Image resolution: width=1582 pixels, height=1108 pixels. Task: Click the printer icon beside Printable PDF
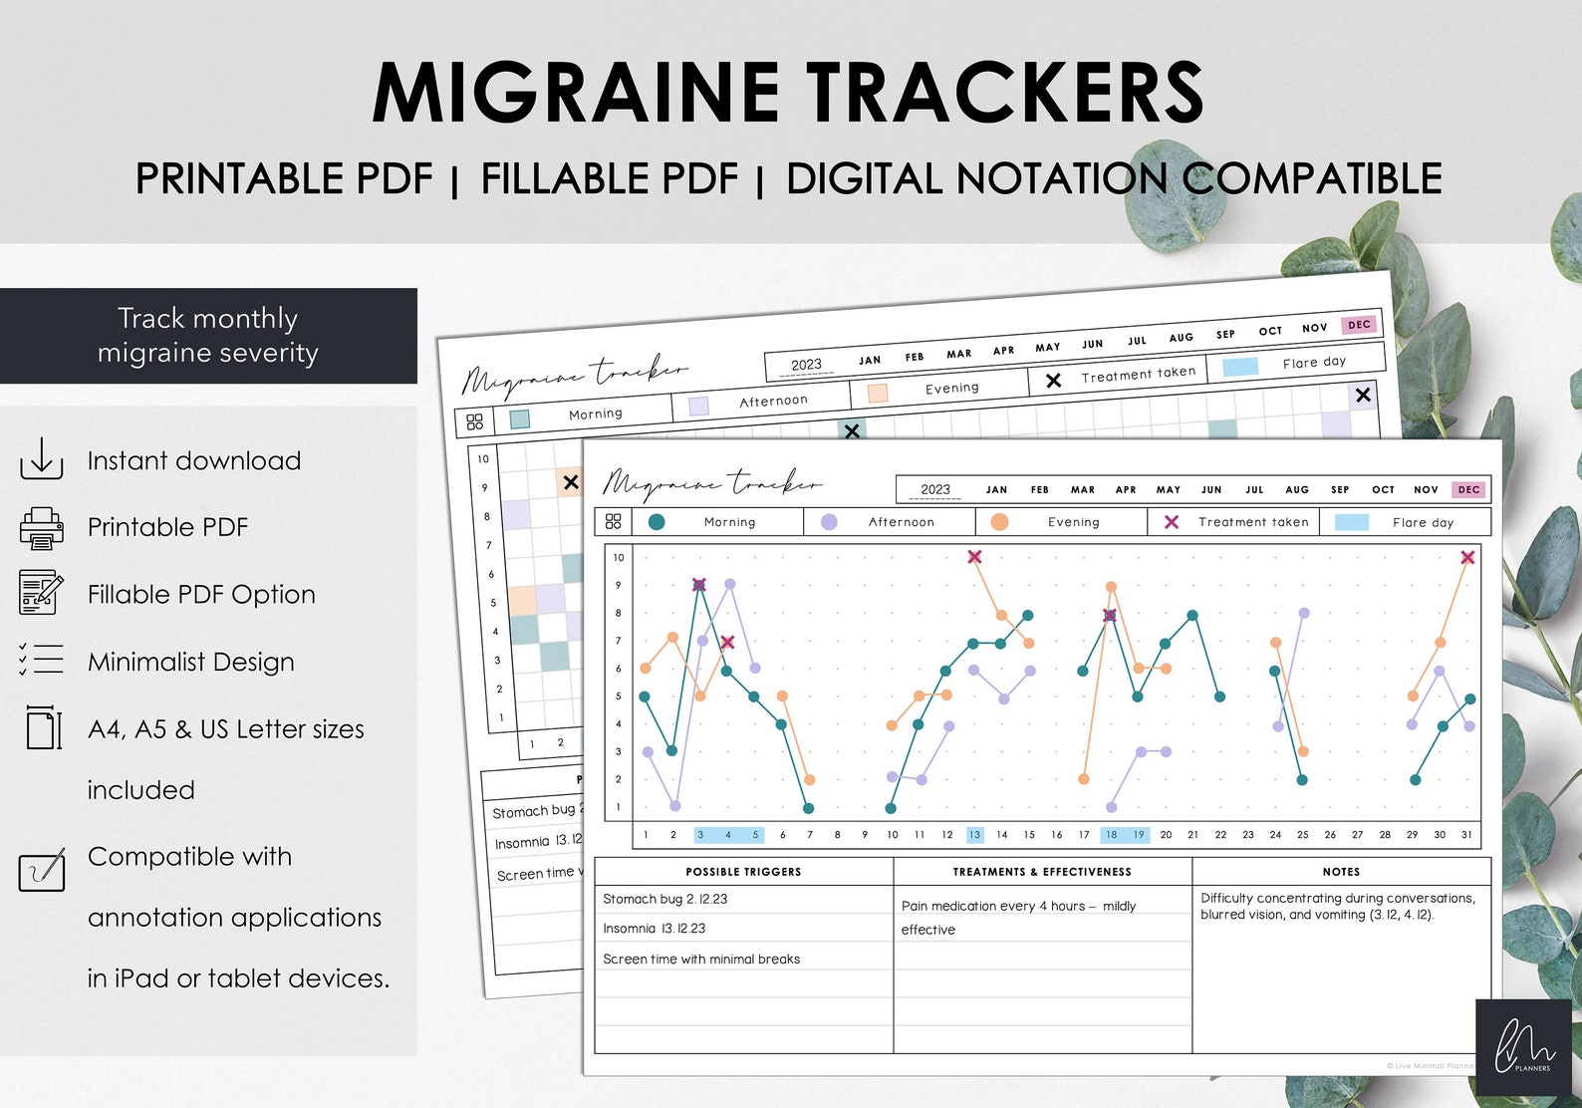[x=41, y=528]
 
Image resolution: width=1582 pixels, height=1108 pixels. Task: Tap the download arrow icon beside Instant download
[x=41, y=459]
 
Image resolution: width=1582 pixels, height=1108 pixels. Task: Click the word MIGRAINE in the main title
[x=575, y=93]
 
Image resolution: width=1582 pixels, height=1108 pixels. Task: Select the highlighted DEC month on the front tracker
[x=1468, y=489]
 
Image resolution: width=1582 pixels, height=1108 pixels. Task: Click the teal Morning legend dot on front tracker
[x=657, y=521]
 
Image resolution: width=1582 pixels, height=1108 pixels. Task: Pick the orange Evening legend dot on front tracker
[x=999, y=521]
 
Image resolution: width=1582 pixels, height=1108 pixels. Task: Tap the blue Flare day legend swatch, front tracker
[x=1351, y=522]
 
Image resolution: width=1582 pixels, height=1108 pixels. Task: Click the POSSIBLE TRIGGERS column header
[x=743, y=872]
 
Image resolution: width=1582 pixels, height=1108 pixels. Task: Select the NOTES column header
[x=1341, y=872]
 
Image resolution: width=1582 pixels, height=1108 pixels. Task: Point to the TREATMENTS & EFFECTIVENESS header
[x=1042, y=872]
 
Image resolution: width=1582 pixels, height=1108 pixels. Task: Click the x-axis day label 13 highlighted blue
[x=974, y=835]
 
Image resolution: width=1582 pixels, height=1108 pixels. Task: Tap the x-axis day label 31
[x=1466, y=835]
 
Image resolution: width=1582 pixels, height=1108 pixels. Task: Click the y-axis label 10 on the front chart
[x=619, y=558]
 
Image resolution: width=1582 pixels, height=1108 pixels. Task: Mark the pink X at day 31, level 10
[x=1467, y=558]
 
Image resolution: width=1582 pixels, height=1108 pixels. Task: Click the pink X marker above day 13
[x=974, y=557]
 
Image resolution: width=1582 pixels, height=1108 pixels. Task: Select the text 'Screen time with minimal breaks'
[x=701, y=960]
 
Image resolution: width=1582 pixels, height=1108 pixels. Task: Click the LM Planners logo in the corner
[x=1523, y=1047]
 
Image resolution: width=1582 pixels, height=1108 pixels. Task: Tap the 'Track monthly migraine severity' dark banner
[x=208, y=336]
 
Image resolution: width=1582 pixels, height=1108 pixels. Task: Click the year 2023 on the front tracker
[x=935, y=489]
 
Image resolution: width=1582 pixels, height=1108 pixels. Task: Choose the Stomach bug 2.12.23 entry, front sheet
[x=664, y=899]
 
